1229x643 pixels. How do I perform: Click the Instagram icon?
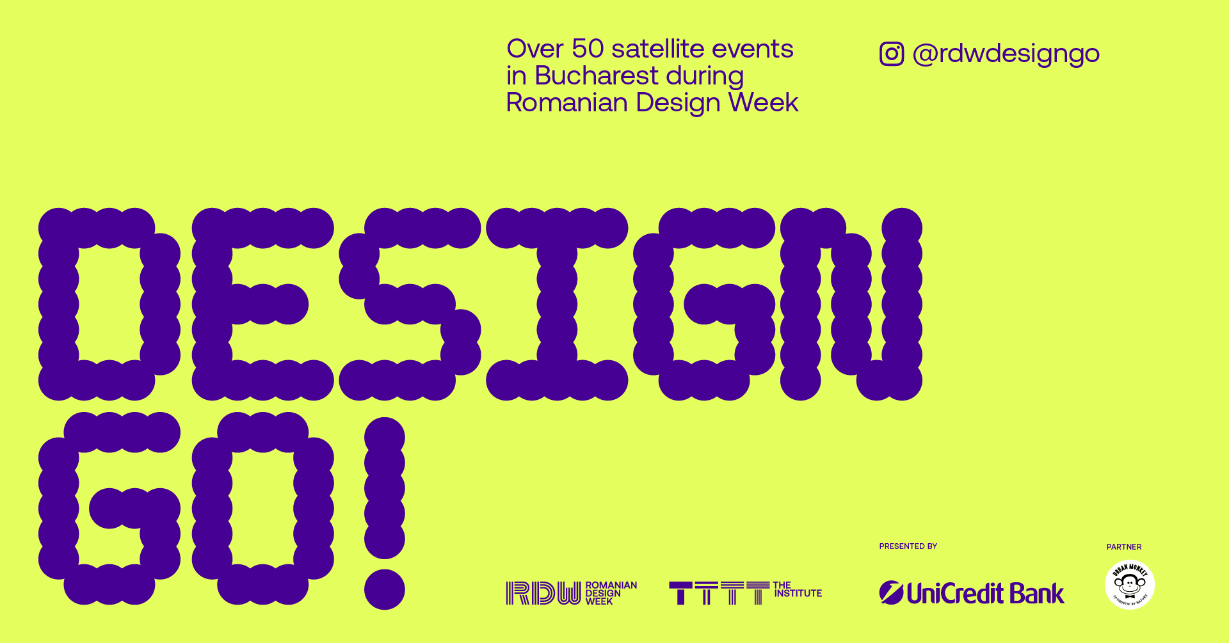point(892,54)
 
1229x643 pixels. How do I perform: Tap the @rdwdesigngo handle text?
point(1006,54)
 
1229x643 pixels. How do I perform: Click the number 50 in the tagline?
point(588,49)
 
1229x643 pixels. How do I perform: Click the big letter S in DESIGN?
point(410,304)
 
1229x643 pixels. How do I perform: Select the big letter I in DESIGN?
point(557,304)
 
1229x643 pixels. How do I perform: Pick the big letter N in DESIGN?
point(851,304)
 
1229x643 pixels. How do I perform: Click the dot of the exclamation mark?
point(385,589)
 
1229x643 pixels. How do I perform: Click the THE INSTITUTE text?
point(797,589)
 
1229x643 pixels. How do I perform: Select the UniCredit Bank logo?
point(972,593)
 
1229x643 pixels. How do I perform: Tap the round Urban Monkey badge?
point(1130,585)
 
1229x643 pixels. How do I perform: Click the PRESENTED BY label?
point(908,546)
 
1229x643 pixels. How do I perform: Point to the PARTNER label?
point(1124,547)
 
